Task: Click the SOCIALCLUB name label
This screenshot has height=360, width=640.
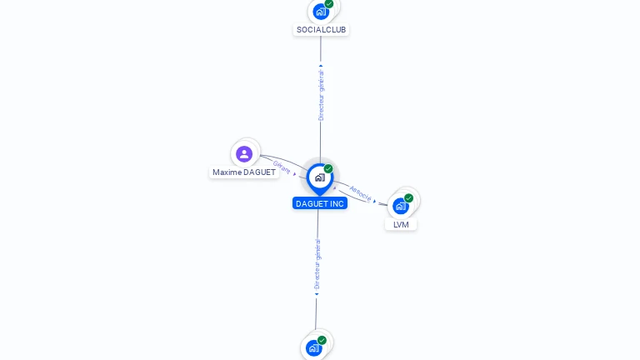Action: point(321,30)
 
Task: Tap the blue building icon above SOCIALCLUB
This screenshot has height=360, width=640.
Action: point(321,12)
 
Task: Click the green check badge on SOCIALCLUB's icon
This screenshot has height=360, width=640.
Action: point(329,4)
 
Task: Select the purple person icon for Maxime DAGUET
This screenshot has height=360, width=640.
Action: point(244,154)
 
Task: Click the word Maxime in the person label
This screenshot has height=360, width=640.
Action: point(227,172)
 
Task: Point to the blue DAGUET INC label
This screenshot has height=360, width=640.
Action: point(320,203)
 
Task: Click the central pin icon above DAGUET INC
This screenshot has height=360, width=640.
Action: point(320,179)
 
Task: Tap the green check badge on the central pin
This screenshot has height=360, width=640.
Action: point(328,168)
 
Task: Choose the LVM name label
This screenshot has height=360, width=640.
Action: point(401,224)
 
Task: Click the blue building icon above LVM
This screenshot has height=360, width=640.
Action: point(401,206)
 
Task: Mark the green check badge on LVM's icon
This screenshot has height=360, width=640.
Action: point(408,198)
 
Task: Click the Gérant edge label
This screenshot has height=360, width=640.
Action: point(282,167)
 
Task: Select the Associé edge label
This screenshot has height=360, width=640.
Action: point(360,193)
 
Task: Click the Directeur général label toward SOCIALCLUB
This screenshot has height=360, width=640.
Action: point(321,95)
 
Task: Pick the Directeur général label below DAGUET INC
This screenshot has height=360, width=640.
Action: point(317,264)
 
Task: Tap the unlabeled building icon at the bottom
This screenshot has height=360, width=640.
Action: point(314,348)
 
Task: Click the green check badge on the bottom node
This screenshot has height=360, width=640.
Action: point(322,340)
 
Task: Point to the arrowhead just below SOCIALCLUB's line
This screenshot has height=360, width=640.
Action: point(321,65)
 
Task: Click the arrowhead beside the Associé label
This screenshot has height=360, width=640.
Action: point(374,201)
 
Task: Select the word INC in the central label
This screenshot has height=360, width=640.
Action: point(337,203)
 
